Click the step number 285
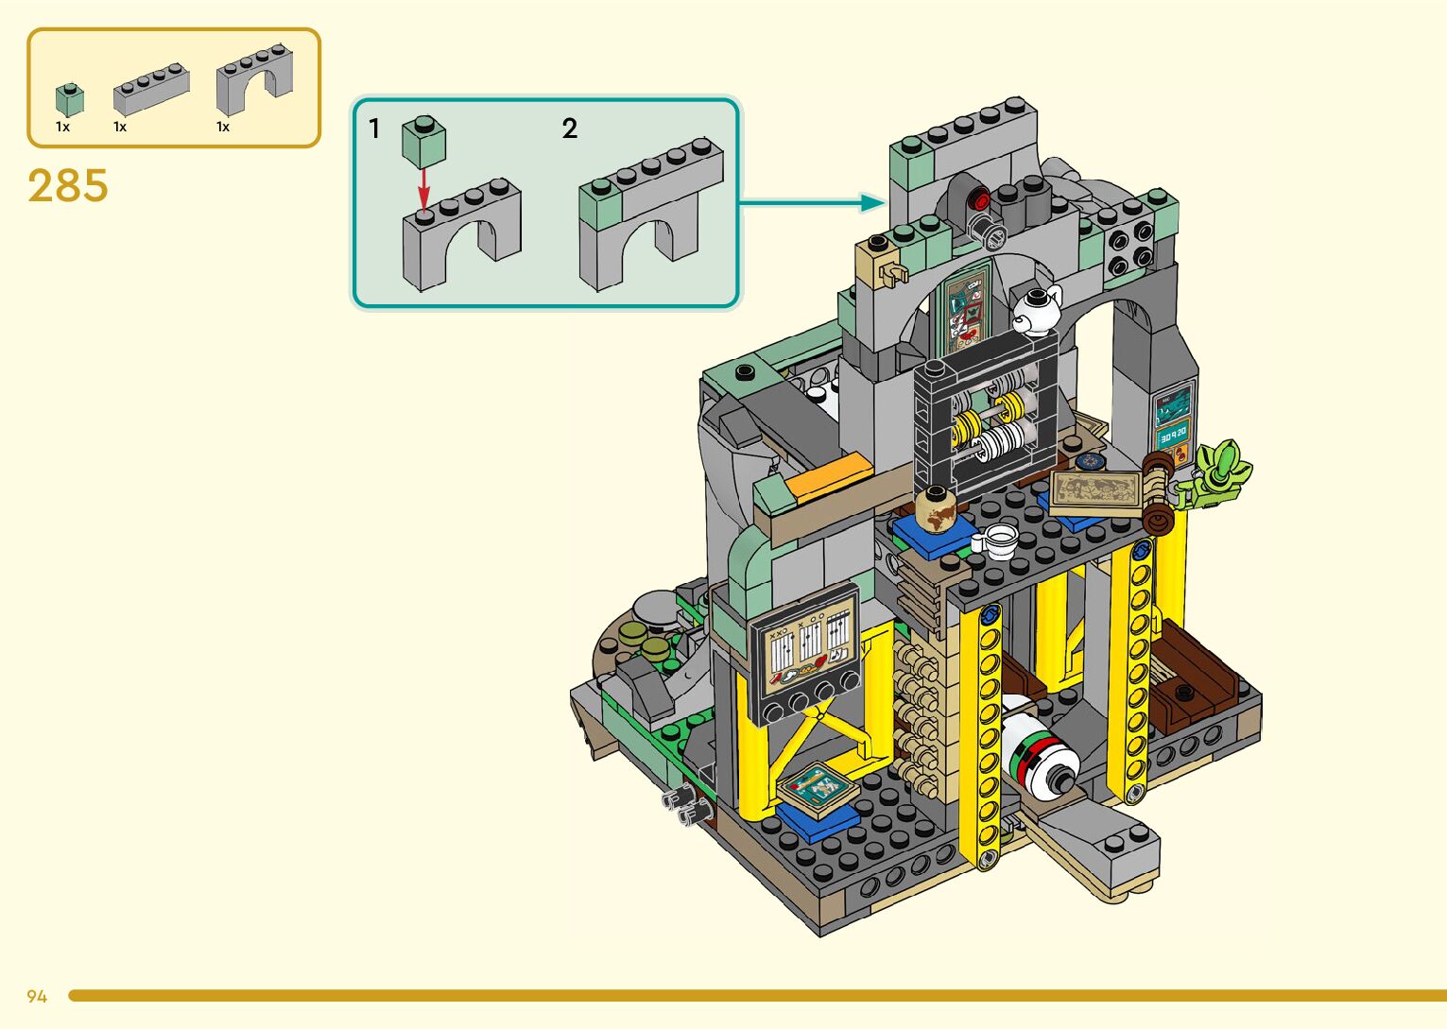pyautogui.click(x=68, y=186)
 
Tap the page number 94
pyautogui.click(x=37, y=996)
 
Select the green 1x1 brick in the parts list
pyautogui.click(x=70, y=100)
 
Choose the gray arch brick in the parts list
pyautogui.click(x=254, y=80)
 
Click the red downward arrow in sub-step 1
pyautogui.click(x=423, y=189)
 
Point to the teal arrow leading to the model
pyautogui.click(x=812, y=203)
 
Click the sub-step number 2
pyautogui.click(x=569, y=129)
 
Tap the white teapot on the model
pyautogui.click(x=1036, y=310)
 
